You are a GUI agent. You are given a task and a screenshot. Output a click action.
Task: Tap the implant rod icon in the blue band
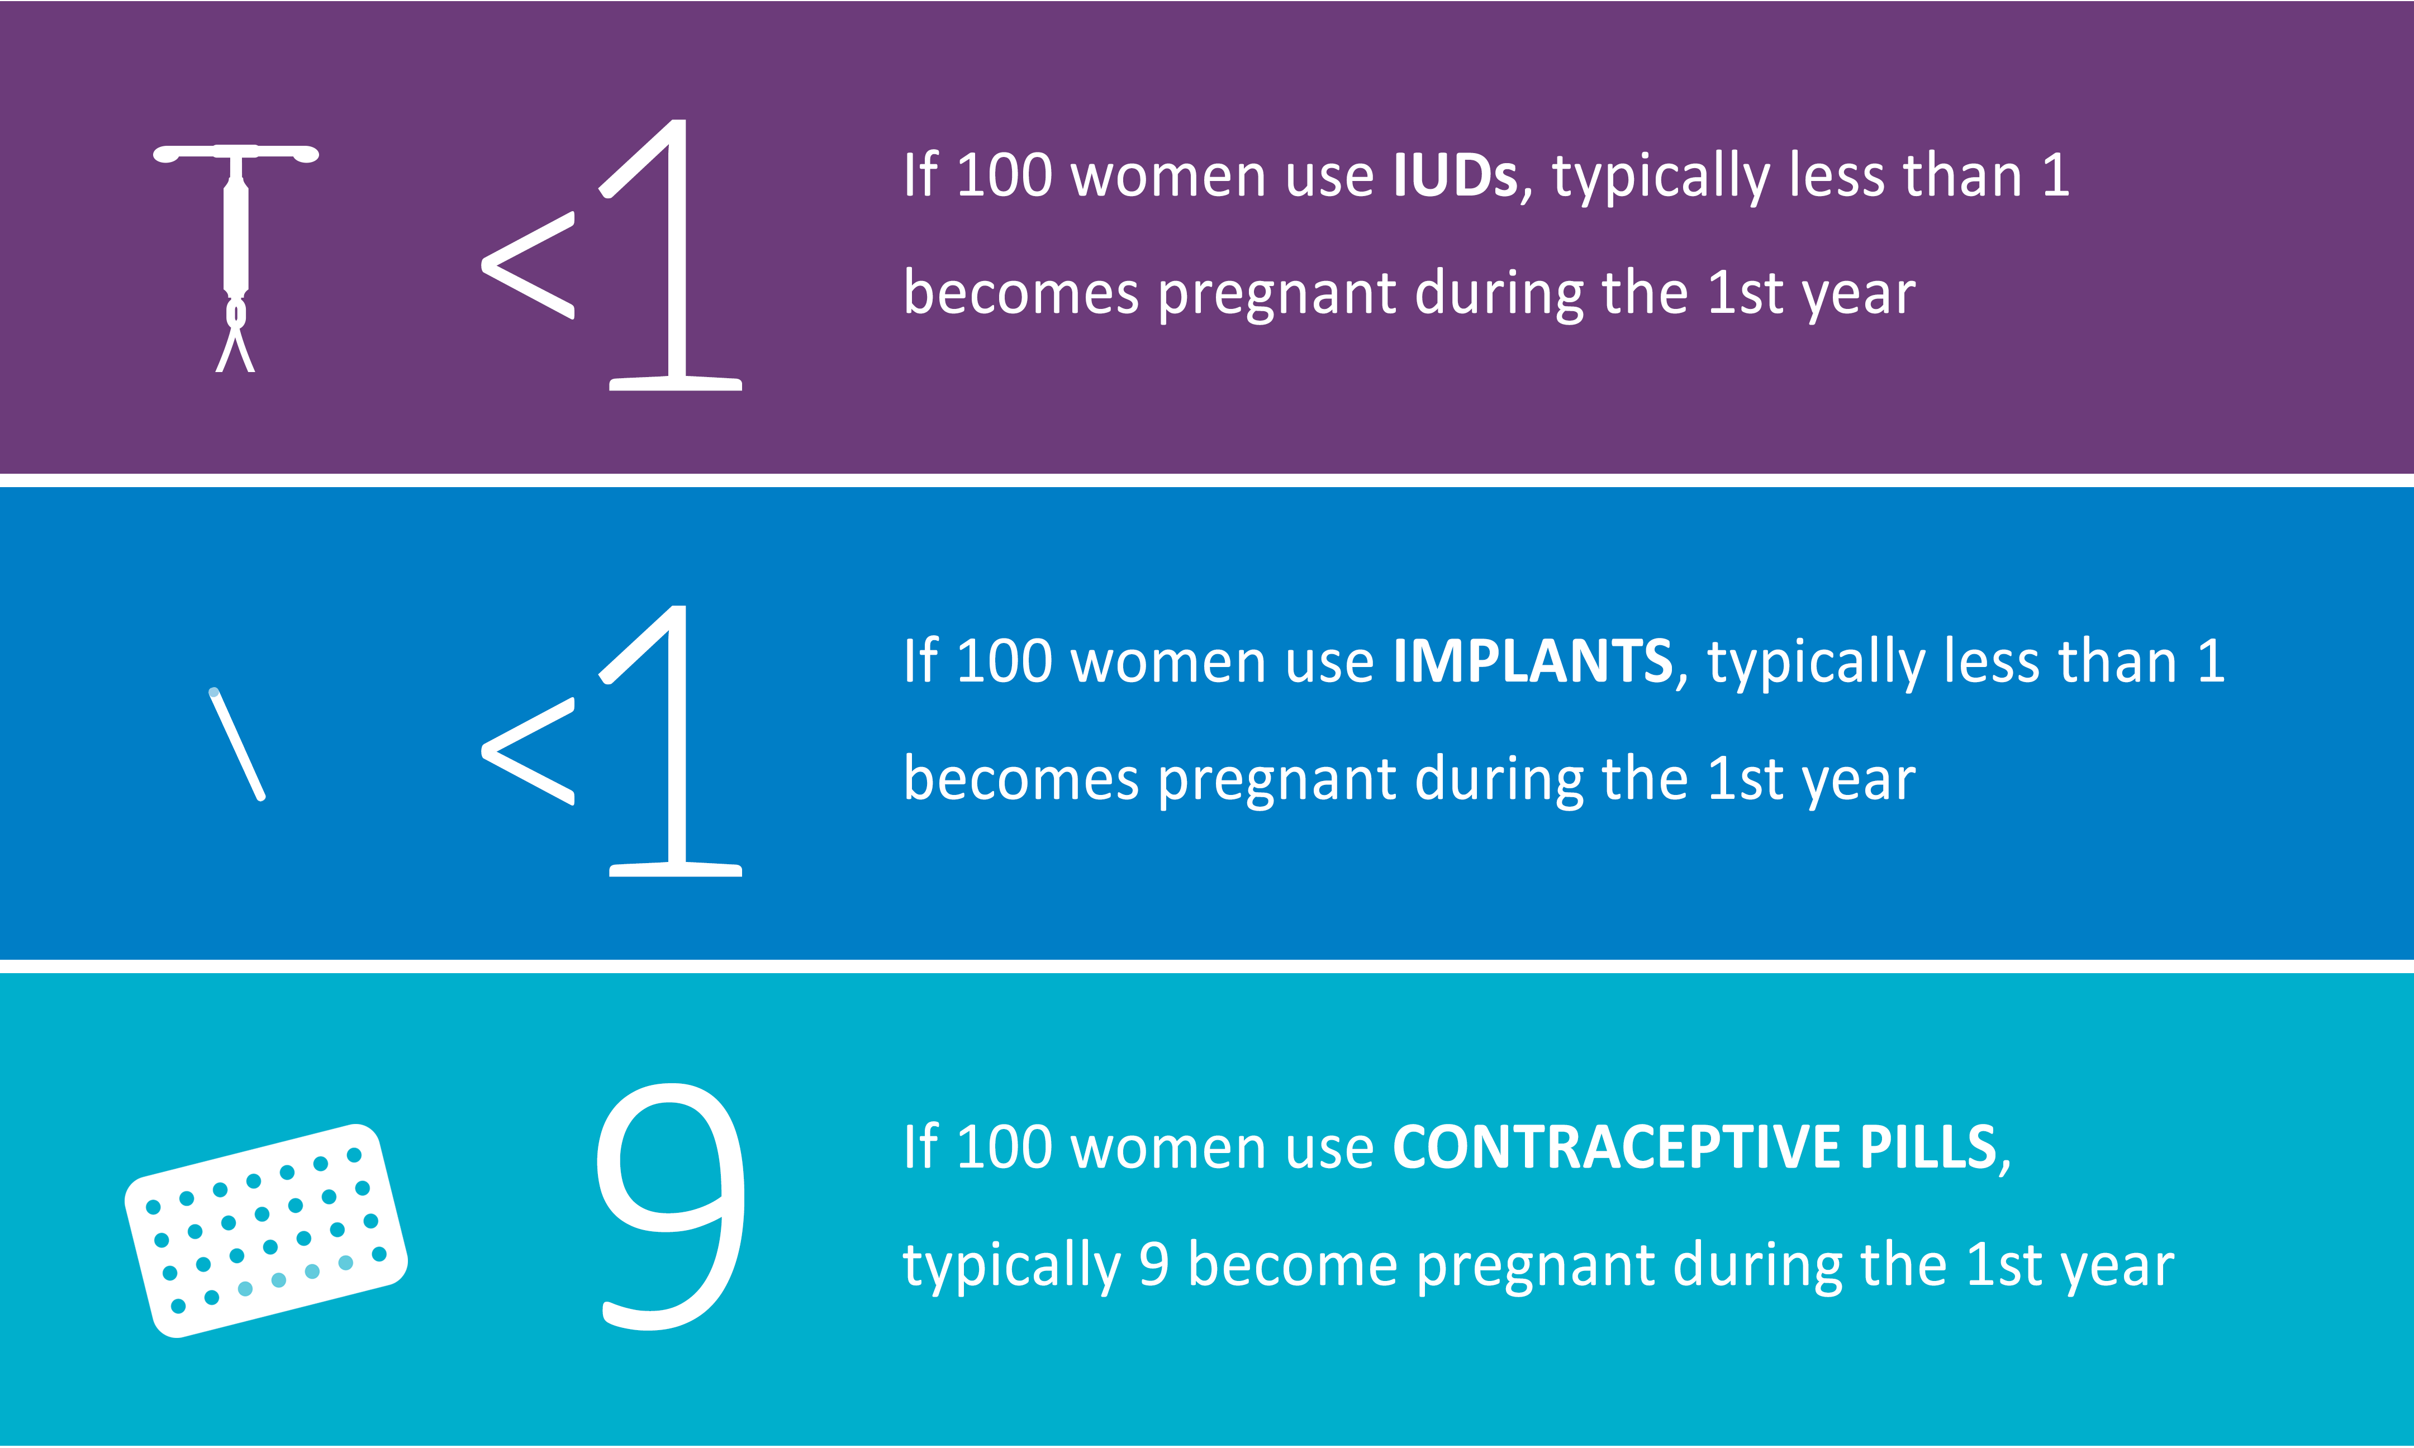pyautogui.click(x=237, y=745)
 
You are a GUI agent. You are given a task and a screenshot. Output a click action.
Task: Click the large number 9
pyautogui.click(x=671, y=1206)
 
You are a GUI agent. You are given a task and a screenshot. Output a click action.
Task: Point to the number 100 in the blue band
pyautogui.click(x=1004, y=661)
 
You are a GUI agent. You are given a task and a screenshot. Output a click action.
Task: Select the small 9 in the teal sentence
pyautogui.click(x=1153, y=1265)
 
